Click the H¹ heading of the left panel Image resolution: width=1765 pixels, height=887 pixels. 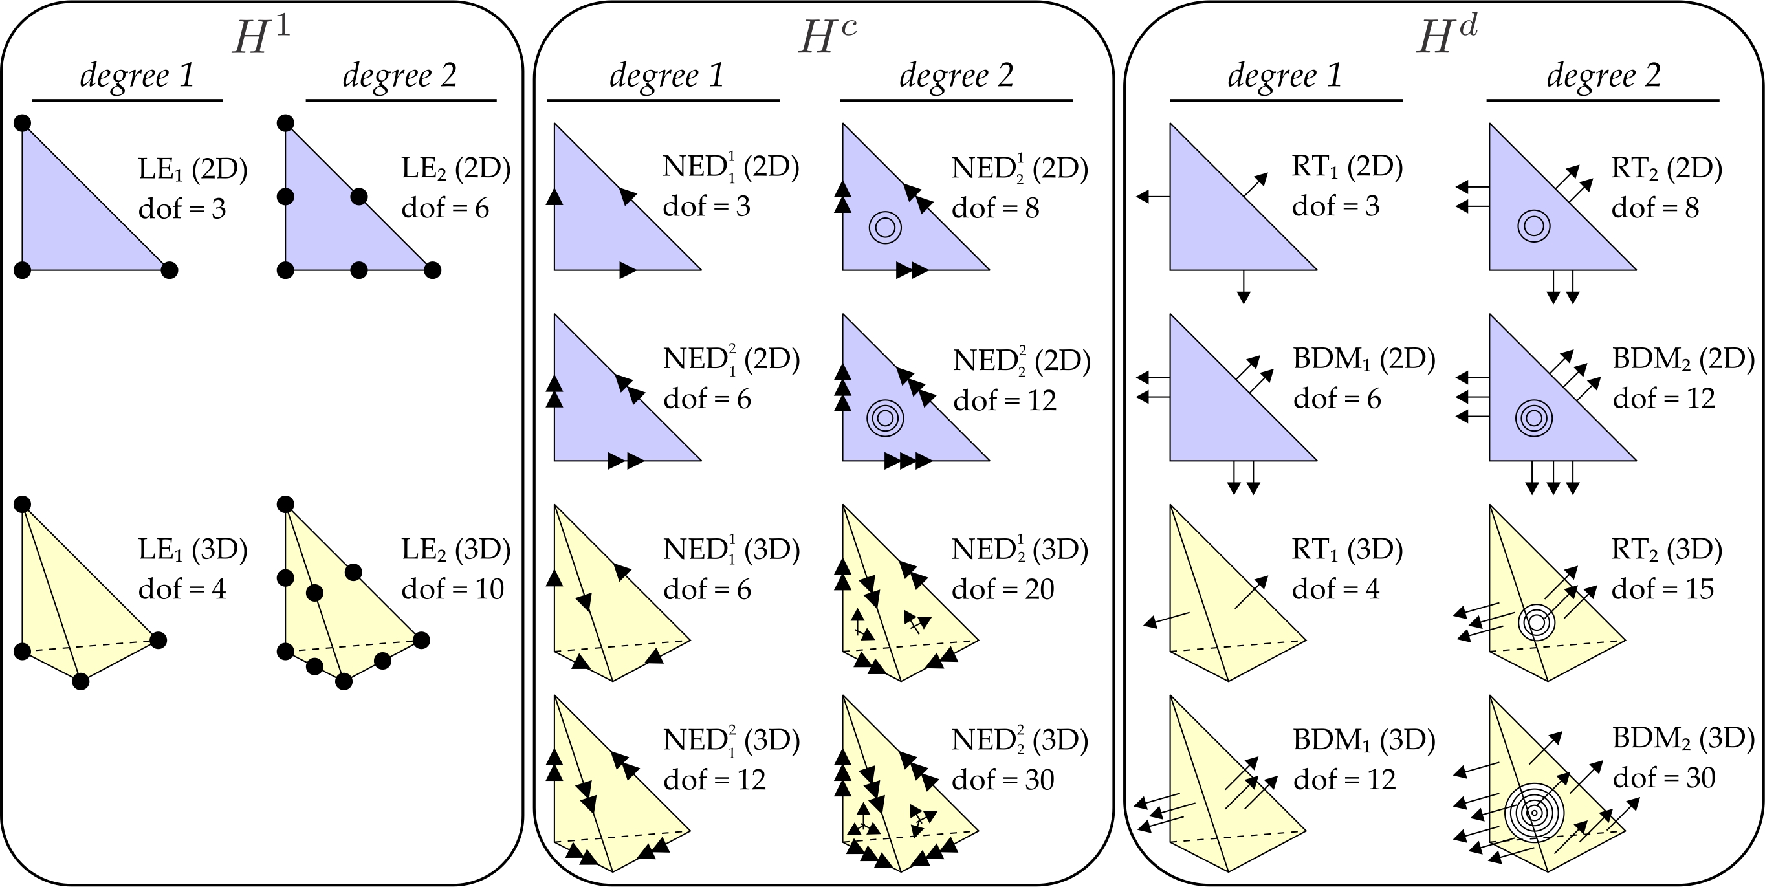[x=260, y=36]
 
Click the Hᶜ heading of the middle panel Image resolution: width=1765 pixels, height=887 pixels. [x=827, y=36]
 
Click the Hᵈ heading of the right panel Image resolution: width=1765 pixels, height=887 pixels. [x=1447, y=36]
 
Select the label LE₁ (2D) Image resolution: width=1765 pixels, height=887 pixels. [x=193, y=169]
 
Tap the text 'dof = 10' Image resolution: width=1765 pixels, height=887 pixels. [x=452, y=589]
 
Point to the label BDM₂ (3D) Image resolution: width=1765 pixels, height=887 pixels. [x=1683, y=738]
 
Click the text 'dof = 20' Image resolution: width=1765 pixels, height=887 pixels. [x=1002, y=589]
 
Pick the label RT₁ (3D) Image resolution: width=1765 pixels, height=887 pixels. [x=1347, y=549]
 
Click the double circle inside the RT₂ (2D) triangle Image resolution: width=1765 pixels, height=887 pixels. [x=1533, y=226]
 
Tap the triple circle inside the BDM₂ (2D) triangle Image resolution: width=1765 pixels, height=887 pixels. [x=1533, y=418]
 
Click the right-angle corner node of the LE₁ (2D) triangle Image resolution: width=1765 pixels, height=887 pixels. [x=23, y=270]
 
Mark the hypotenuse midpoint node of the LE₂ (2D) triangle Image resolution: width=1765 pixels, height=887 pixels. [x=358, y=197]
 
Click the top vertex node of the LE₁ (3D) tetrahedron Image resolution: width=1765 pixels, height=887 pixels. [x=23, y=505]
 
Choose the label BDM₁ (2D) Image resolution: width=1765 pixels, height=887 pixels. [x=1363, y=359]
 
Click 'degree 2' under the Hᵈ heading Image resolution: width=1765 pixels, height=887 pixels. [x=1603, y=75]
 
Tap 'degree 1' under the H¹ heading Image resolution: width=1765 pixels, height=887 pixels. [x=137, y=75]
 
